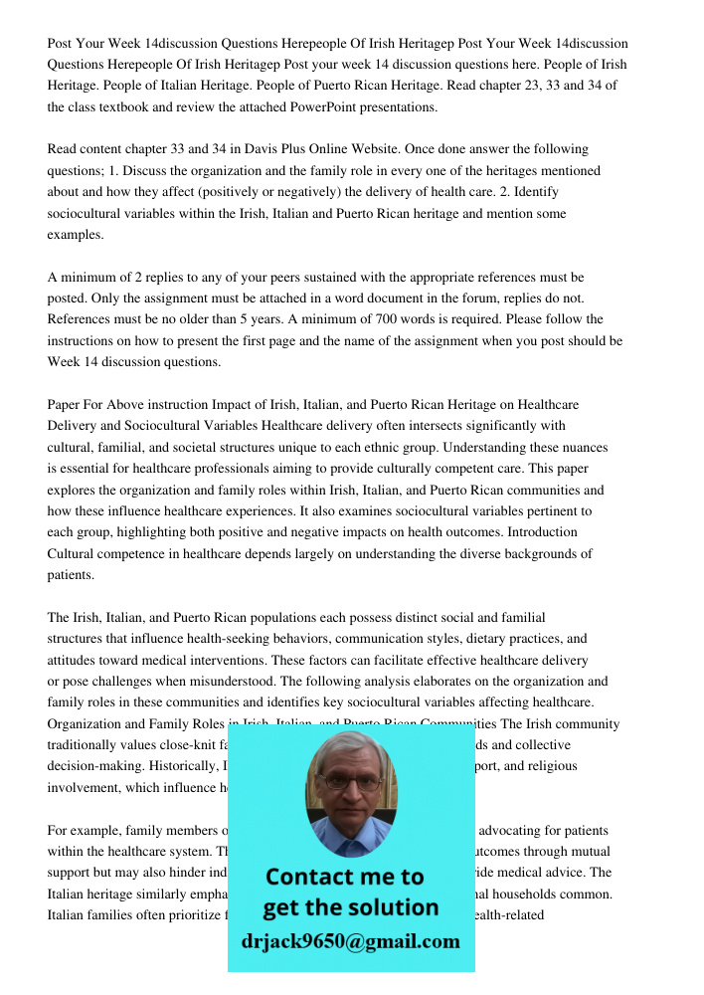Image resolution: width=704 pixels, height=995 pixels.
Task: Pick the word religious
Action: [551, 766]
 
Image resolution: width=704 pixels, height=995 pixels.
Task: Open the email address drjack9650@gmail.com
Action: [350, 941]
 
